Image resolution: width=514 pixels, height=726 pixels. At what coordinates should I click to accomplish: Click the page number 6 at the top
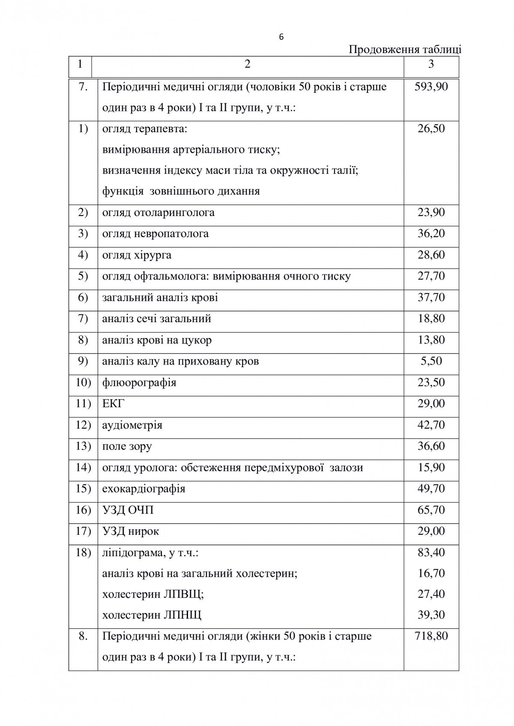point(281,37)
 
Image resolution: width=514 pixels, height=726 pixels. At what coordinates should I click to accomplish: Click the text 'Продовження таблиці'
point(405,50)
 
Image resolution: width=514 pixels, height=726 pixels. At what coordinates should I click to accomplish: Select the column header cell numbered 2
point(247,64)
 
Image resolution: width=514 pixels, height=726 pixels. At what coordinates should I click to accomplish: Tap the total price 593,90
point(431,87)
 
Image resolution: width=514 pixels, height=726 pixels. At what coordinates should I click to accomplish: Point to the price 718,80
point(431,636)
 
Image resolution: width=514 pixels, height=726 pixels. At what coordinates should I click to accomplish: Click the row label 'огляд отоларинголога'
point(158,213)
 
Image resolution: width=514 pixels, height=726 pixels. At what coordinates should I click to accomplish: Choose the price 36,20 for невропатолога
point(431,234)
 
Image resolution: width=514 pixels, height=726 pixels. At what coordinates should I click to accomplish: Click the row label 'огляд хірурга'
point(137,255)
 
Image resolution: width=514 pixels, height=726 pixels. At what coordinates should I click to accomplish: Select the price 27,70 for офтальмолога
point(431,276)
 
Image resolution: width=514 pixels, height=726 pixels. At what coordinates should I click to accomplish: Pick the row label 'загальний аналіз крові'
point(160,297)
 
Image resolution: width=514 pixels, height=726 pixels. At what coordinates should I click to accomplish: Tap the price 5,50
point(431,361)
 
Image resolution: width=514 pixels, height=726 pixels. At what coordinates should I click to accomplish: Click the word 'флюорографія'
point(139,382)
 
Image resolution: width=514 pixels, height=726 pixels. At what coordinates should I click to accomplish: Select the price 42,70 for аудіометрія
point(431,425)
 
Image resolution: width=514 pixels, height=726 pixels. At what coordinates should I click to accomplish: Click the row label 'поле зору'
point(127,446)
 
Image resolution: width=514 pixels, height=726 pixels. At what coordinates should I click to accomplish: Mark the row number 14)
point(83,467)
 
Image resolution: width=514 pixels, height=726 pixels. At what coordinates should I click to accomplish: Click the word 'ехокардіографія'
point(143,489)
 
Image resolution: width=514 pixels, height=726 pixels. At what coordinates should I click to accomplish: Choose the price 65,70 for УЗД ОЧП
point(431,510)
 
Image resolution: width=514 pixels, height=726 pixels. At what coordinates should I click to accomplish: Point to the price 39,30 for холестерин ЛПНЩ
point(431,615)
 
